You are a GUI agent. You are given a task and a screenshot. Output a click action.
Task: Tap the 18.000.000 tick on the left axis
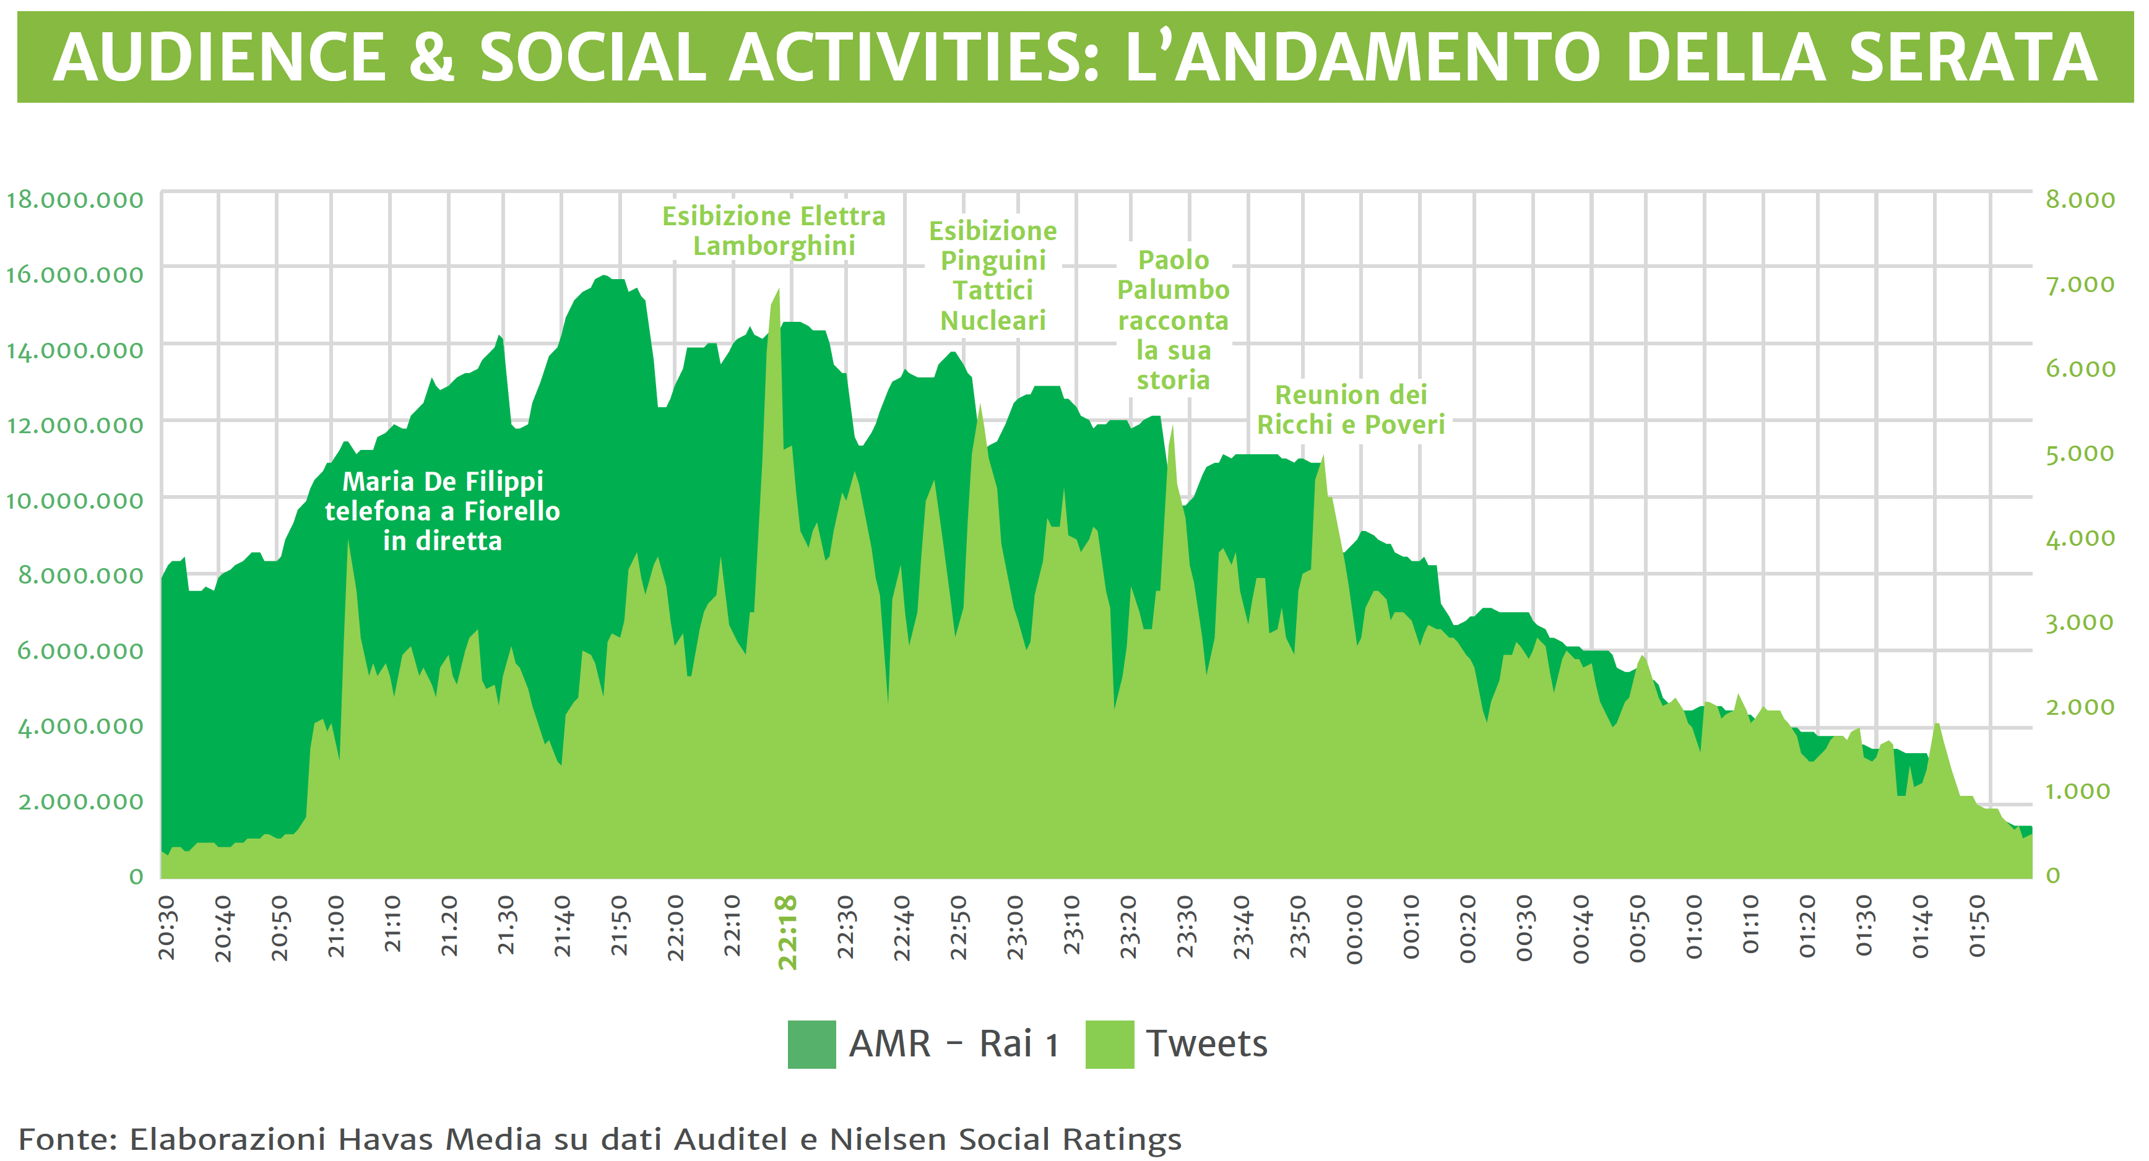(75, 200)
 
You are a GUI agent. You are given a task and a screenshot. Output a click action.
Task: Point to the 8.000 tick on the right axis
(2080, 200)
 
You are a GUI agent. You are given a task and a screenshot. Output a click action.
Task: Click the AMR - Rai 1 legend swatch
(811, 1044)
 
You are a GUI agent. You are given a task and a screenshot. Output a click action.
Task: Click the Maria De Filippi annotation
(442, 511)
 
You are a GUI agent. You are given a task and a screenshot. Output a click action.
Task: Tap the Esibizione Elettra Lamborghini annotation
(773, 231)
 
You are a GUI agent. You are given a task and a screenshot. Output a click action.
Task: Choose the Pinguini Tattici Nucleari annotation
(993, 276)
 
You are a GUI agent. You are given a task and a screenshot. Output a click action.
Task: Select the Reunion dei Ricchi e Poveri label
(1351, 410)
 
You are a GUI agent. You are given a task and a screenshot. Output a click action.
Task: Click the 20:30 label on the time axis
(167, 928)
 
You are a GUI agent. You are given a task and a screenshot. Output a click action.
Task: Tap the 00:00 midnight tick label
(1354, 929)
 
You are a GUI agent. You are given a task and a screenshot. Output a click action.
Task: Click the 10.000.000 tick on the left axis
(75, 501)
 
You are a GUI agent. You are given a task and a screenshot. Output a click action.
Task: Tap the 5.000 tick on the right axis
(2080, 454)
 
